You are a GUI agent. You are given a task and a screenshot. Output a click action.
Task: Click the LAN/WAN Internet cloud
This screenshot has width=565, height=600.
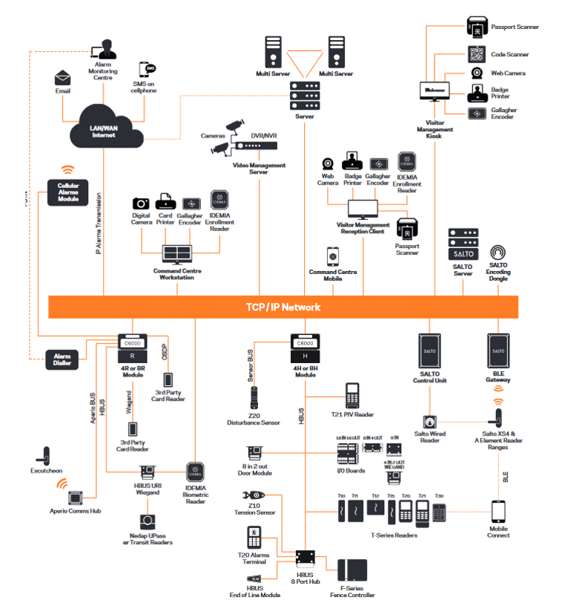pyautogui.click(x=105, y=132)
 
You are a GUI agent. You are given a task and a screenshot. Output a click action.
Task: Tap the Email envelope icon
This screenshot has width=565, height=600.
pyautogui.click(x=63, y=78)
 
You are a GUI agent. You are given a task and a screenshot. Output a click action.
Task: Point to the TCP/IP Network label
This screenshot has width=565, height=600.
pyautogui.click(x=283, y=307)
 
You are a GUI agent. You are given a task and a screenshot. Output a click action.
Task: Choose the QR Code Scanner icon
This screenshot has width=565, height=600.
pyautogui.click(x=476, y=54)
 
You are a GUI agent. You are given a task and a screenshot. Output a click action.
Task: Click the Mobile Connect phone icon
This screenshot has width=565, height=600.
pyautogui.click(x=499, y=512)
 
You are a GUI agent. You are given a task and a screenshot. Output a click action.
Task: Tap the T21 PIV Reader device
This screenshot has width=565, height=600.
pyautogui.click(x=351, y=396)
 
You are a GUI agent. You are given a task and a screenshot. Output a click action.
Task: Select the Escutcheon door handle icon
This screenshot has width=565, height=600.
pyautogui.click(x=44, y=454)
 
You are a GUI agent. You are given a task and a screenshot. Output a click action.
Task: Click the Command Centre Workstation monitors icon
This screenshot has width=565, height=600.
pyautogui.click(x=177, y=254)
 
